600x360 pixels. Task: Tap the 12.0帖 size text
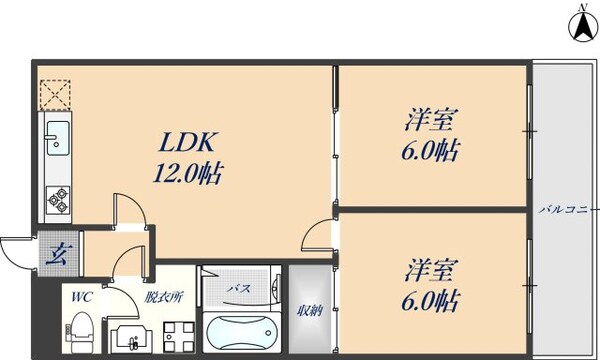tap(187, 174)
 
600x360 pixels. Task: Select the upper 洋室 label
tap(431, 121)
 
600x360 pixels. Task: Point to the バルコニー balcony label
tap(562, 210)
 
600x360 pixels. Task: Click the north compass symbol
tap(579, 24)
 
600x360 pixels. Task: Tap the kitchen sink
tap(55, 137)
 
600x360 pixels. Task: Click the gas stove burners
tap(56, 199)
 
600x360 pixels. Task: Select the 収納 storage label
tap(309, 310)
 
